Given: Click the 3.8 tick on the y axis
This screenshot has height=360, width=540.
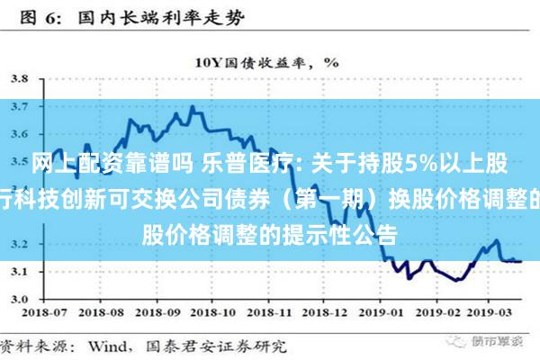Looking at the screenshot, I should [x=19, y=78].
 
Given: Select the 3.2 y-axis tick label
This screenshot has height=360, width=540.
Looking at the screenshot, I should [x=19, y=244].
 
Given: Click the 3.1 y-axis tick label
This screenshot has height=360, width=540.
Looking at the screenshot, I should [x=19, y=272].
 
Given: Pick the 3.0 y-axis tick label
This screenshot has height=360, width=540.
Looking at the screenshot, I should [x=19, y=300].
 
